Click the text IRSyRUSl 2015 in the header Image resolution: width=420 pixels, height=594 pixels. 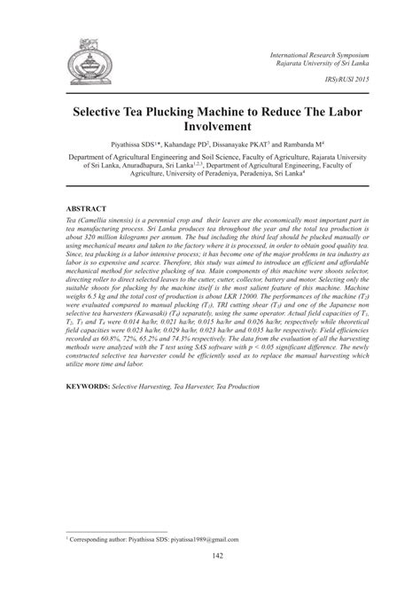coord(344,80)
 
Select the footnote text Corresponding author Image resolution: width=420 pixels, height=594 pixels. coord(100,537)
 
